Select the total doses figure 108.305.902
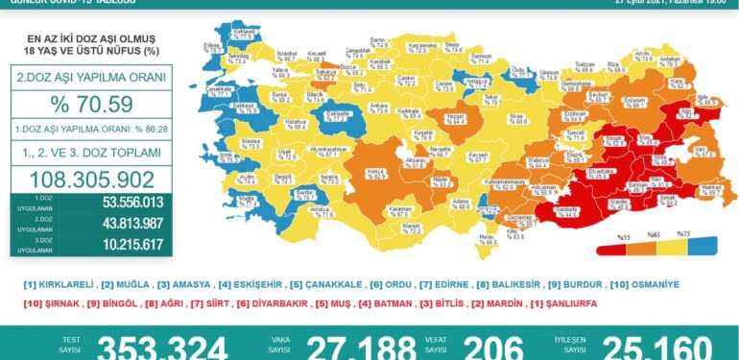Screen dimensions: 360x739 92,179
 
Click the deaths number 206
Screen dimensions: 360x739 494,348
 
